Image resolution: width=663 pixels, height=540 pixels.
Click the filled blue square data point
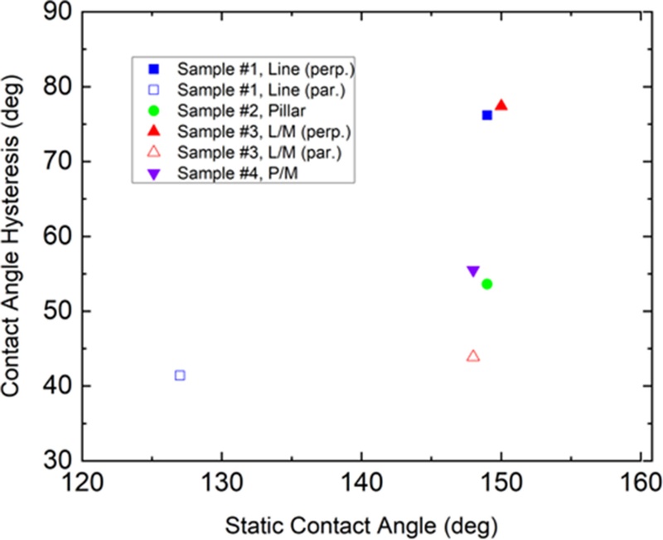487,115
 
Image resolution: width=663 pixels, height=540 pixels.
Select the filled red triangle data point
501,105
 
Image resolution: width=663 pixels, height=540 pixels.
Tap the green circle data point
487,284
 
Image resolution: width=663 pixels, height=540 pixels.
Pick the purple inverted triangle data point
473,271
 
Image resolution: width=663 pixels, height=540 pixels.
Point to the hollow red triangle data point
473,357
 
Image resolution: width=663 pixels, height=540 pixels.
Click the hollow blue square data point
180,375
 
